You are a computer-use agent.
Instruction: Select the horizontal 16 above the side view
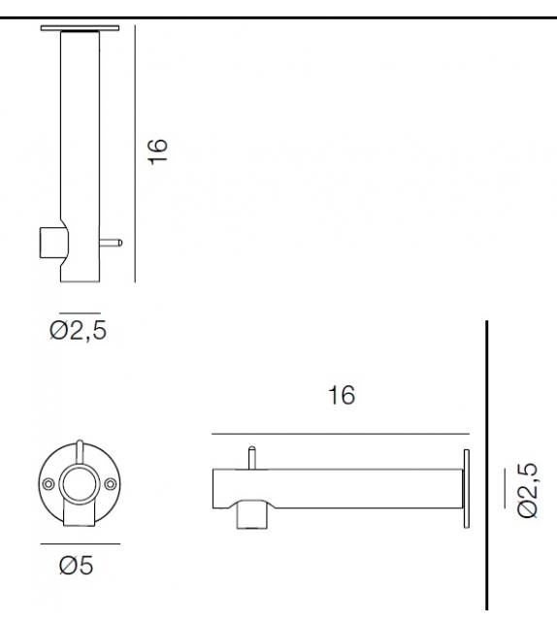coord(341,395)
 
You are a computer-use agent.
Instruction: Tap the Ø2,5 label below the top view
coord(78,330)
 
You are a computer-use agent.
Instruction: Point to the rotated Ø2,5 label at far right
coord(528,491)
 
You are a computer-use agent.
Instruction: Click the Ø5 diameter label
coord(77,566)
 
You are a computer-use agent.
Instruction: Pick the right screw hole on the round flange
coord(108,482)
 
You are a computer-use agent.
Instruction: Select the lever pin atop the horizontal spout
coord(251,455)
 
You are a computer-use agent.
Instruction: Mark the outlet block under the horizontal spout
coord(253,514)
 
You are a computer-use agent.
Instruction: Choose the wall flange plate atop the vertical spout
coord(81,27)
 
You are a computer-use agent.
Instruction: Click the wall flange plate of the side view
coord(467,490)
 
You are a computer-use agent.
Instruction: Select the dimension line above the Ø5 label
coord(80,543)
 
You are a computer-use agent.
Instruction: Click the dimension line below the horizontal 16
coord(340,434)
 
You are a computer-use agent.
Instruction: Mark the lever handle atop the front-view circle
coord(79,451)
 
